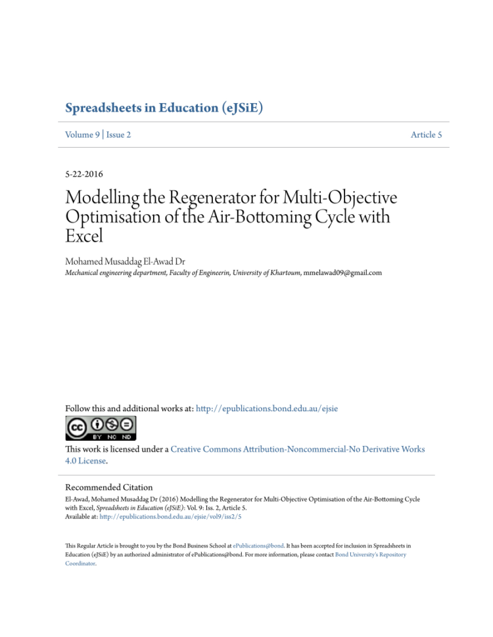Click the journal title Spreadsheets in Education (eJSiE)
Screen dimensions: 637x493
[x=164, y=108]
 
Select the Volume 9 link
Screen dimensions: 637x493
[x=82, y=135]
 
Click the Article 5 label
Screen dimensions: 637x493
[x=426, y=135]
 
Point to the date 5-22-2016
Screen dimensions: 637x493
[x=83, y=174]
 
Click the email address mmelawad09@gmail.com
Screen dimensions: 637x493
[x=342, y=272]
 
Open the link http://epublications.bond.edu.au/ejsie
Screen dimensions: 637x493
[x=267, y=408]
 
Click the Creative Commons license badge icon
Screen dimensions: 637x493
[x=101, y=428]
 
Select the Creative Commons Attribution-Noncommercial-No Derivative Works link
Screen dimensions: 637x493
[x=297, y=449]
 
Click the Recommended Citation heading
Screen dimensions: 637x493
[x=108, y=487]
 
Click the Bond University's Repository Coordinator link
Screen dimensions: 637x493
[x=370, y=555]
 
